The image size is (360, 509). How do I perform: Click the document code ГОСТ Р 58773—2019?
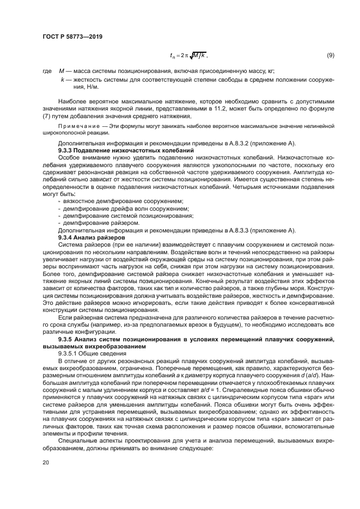pos(72,37)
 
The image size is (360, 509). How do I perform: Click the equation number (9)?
pos(330,56)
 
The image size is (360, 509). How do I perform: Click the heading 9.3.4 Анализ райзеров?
pos(91,238)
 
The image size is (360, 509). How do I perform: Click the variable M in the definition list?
pos(62,72)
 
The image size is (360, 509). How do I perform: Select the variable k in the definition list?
pos(62,79)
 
